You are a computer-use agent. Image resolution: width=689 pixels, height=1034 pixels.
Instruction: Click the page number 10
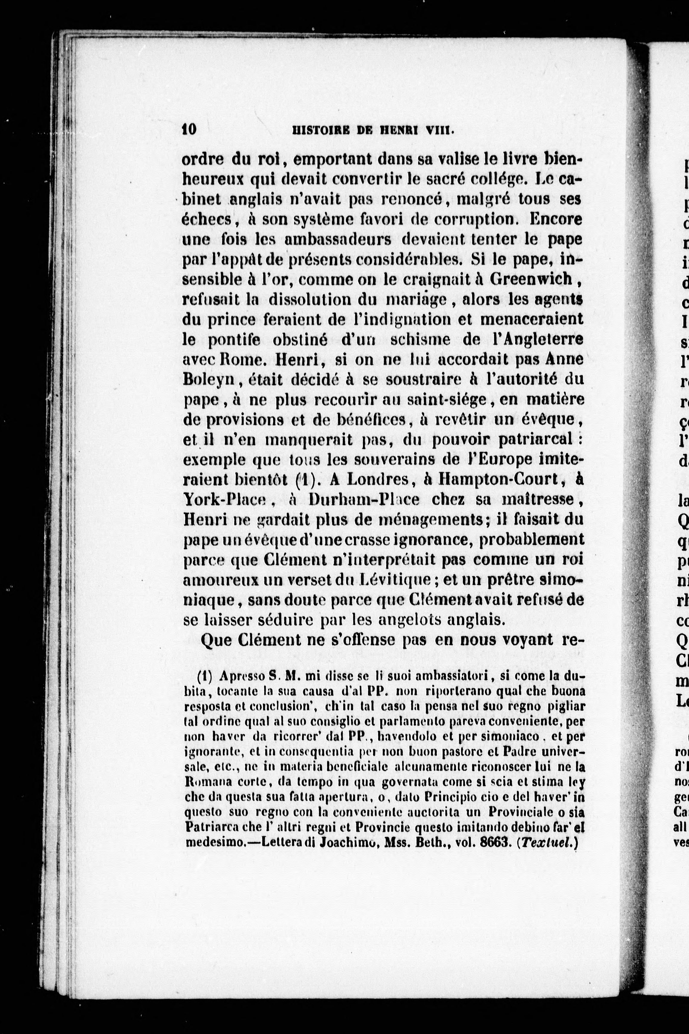[189, 130]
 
